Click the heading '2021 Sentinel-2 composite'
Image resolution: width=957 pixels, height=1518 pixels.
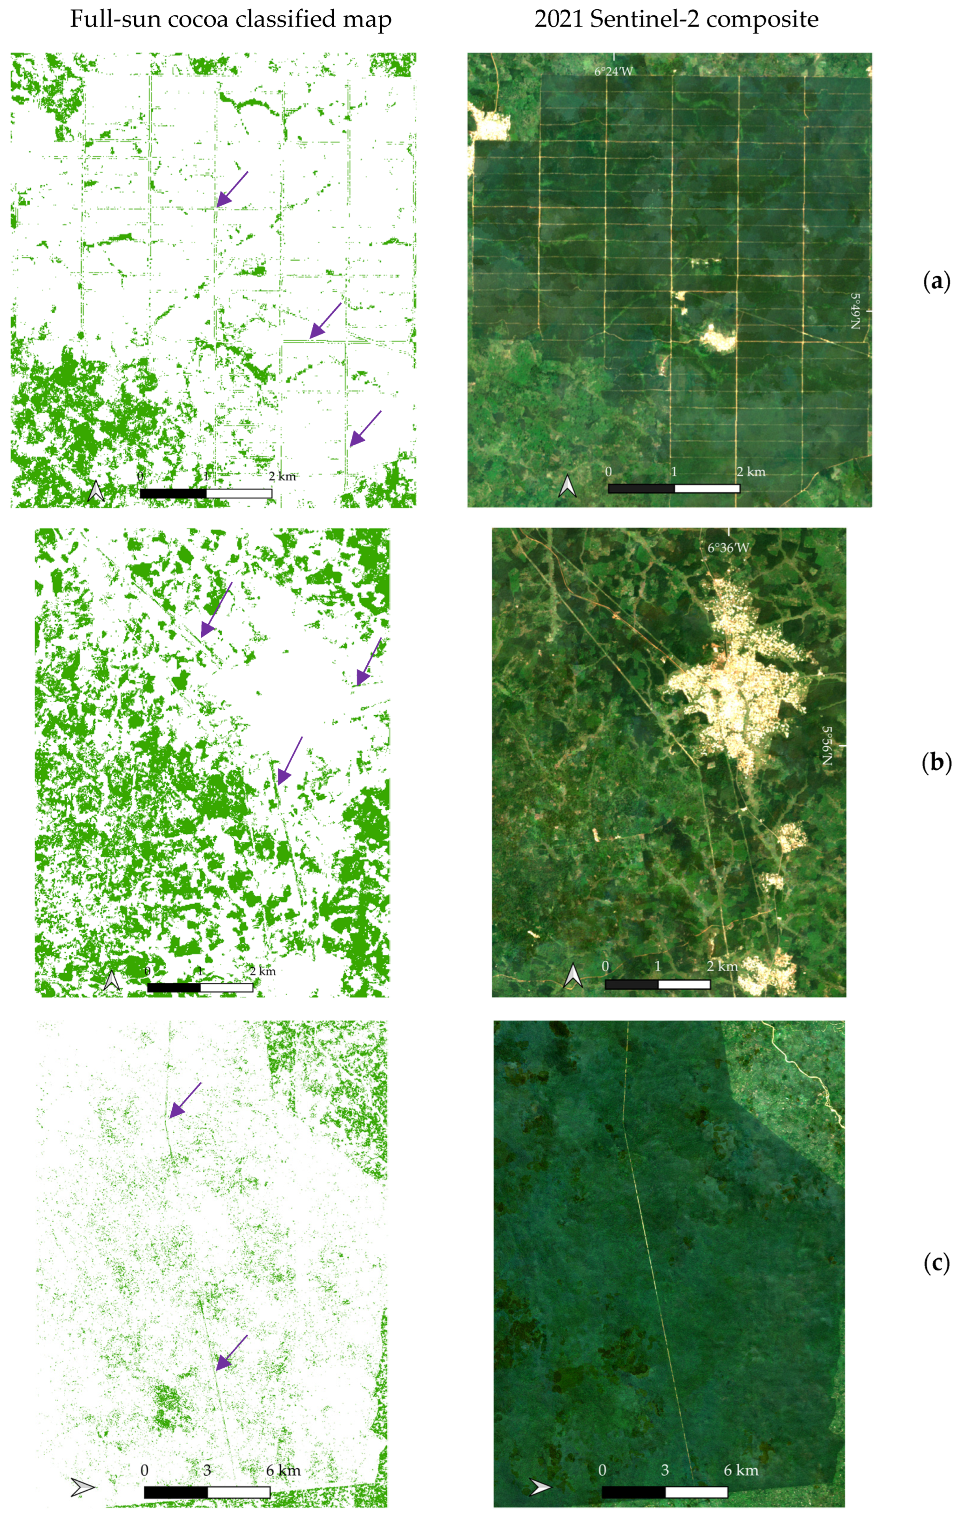coord(676,20)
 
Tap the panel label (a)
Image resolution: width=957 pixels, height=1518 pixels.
coord(936,281)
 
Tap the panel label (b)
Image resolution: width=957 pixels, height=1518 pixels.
coord(936,763)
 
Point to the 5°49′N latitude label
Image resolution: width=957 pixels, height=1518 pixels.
coord(855,310)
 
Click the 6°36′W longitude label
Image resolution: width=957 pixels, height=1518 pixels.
coord(728,548)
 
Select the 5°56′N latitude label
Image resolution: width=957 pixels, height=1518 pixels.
coord(827,746)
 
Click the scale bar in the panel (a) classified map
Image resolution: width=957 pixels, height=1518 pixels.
coord(206,493)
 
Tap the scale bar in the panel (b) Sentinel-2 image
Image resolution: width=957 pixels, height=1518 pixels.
coord(657,984)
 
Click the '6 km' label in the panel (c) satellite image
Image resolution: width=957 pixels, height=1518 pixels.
coord(741,1470)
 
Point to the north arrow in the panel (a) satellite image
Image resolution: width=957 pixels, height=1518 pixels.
coord(567,486)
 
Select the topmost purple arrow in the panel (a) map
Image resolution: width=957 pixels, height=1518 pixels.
coord(232,188)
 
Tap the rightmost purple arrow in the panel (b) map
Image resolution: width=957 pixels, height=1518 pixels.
coord(369,661)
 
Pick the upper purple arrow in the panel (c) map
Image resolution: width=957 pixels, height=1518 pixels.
coord(185,1101)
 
